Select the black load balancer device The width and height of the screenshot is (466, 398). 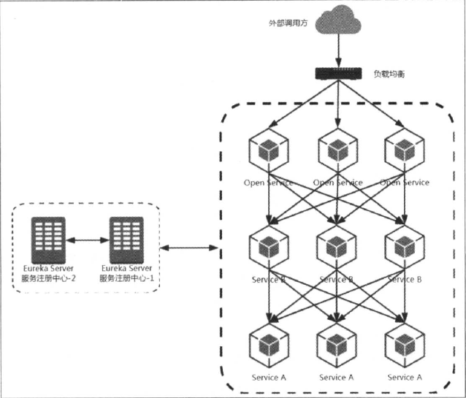pos(338,74)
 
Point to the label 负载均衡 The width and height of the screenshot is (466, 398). pos(391,74)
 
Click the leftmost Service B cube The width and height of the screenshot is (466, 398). pos(269,248)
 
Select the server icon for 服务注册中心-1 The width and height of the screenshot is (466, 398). pos(126,238)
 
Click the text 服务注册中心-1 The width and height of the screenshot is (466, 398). pos(126,278)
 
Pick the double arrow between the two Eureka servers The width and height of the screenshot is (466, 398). pos(86,239)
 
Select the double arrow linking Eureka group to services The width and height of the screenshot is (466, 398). pos(188,250)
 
